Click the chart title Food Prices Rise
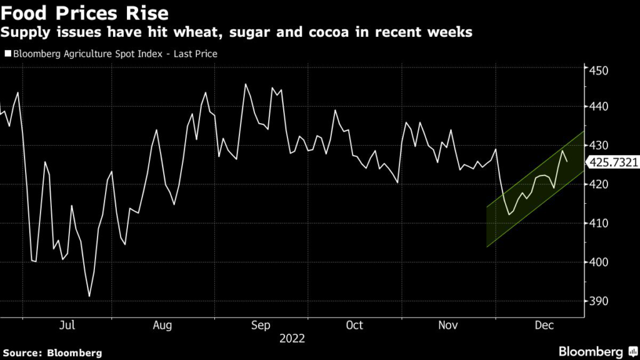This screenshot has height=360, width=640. [84, 12]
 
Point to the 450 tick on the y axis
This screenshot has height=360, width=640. [599, 70]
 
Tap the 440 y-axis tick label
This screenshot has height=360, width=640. [599, 107]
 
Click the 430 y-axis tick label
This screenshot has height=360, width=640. [599, 145]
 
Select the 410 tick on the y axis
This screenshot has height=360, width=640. [599, 223]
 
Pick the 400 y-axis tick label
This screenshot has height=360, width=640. [599, 262]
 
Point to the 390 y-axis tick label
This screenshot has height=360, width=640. [599, 301]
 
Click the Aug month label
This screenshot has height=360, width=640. [162, 326]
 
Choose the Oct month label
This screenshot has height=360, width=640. [354, 326]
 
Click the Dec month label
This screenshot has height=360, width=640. [545, 326]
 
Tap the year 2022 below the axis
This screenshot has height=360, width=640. [292, 338]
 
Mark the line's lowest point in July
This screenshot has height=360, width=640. [89, 296]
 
